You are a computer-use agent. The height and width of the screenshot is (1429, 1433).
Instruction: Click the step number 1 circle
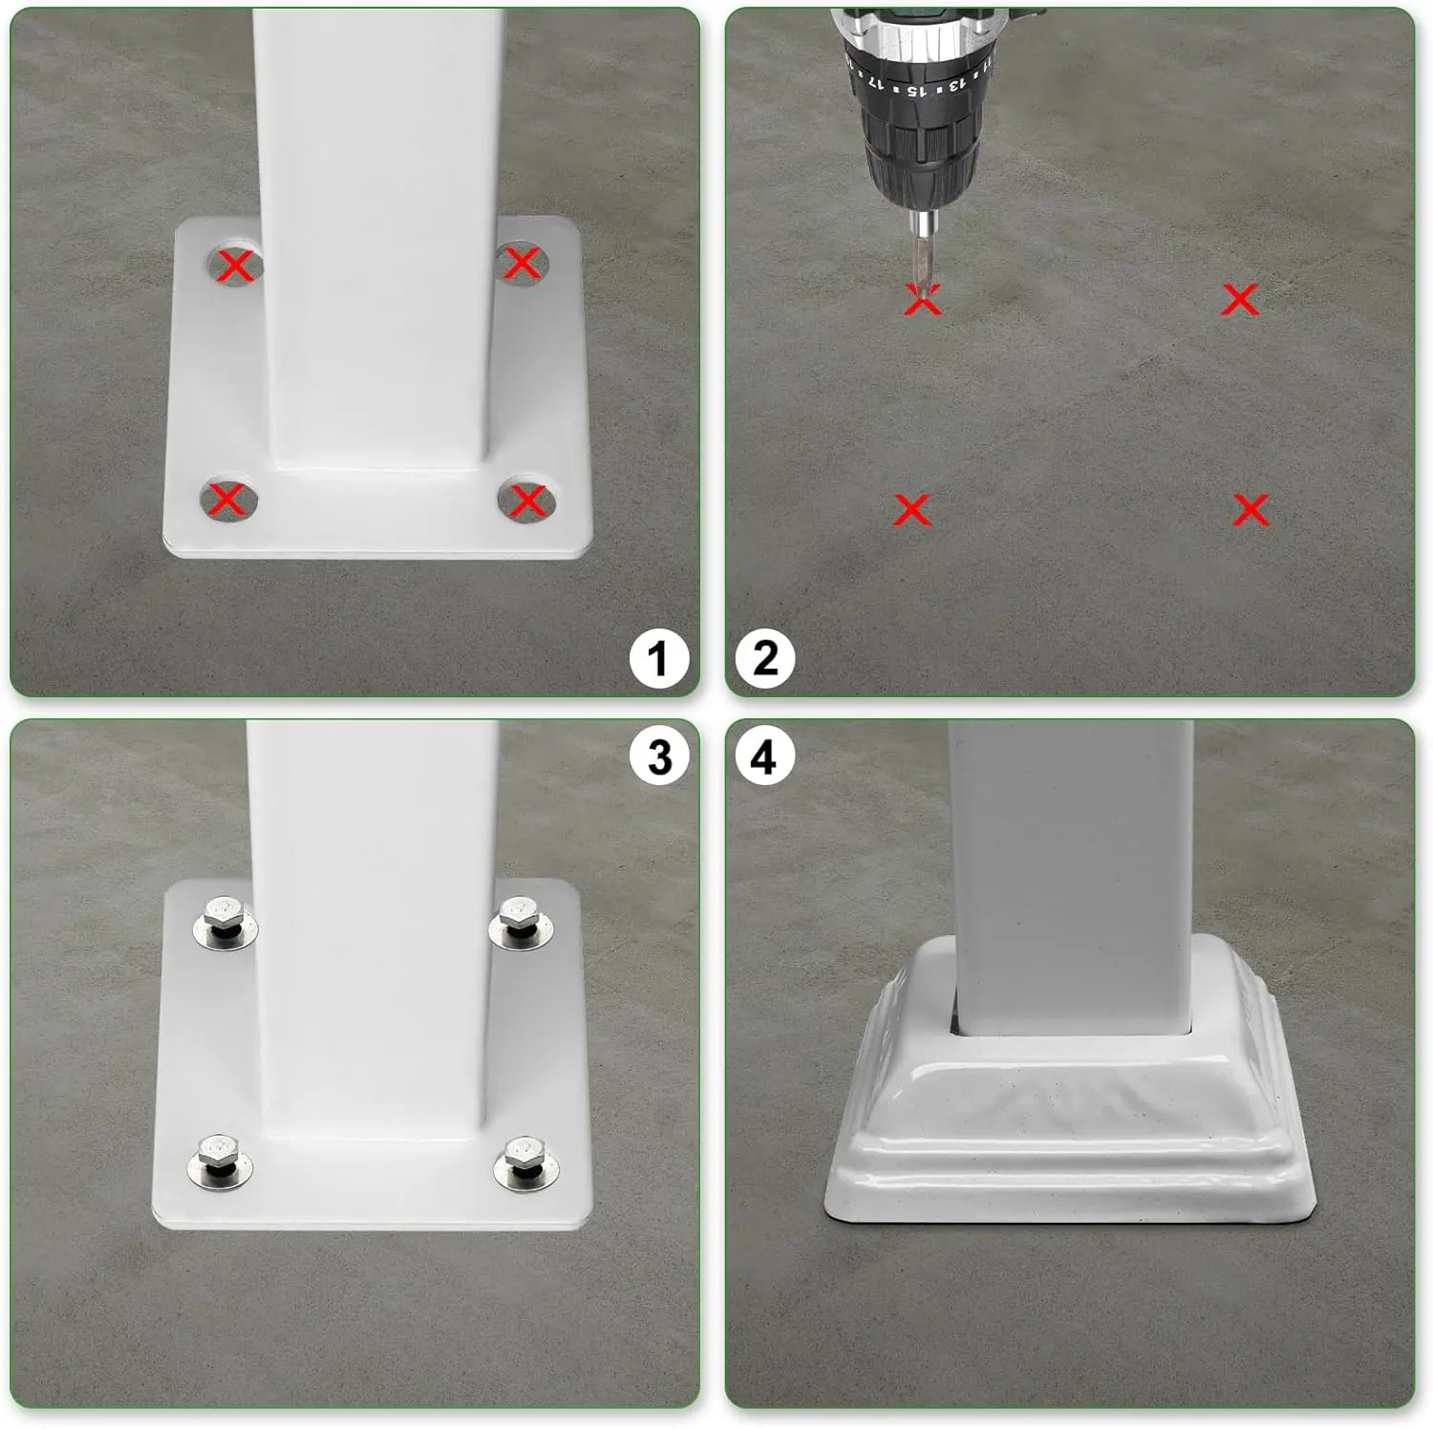click(x=658, y=659)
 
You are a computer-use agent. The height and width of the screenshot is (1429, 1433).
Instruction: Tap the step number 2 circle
click(x=765, y=659)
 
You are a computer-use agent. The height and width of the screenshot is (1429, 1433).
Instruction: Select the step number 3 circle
click(x=659, y=757)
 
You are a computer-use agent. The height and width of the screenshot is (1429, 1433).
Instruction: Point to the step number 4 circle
click(x=764, y=757)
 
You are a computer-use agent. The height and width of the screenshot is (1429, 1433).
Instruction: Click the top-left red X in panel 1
click(x=235, y=265)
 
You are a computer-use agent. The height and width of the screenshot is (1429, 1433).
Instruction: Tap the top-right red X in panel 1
click(x=522, y=262)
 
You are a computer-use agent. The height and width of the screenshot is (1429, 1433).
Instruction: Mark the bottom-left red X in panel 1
click(x=225, y=499)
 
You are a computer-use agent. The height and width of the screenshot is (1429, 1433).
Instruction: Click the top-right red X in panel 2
click(x=1241, y=300)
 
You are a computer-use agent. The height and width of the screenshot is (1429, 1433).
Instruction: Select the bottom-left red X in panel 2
click(x=911, y=509)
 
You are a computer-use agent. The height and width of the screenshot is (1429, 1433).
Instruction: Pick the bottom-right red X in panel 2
click(x=1251, y=510)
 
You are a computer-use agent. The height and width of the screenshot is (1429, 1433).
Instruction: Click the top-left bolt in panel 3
click(x=225, y=921)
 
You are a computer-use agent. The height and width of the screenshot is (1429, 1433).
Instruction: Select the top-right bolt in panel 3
click(x=521, y=921)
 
